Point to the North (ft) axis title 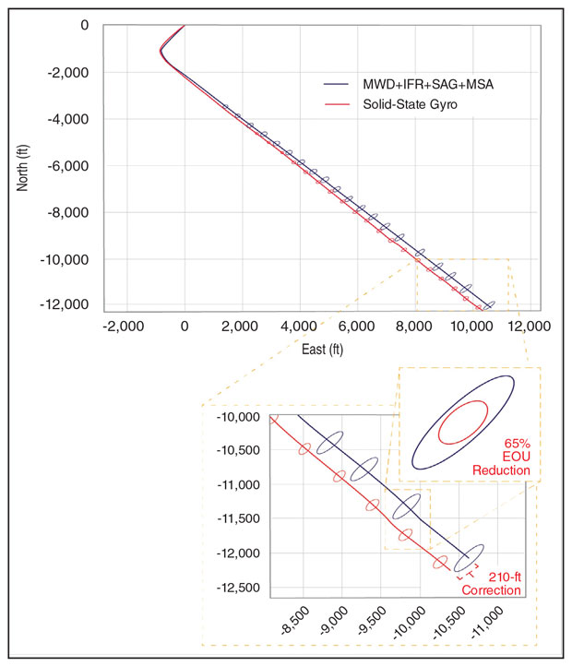[23, 166]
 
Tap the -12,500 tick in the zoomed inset [239, 588]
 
